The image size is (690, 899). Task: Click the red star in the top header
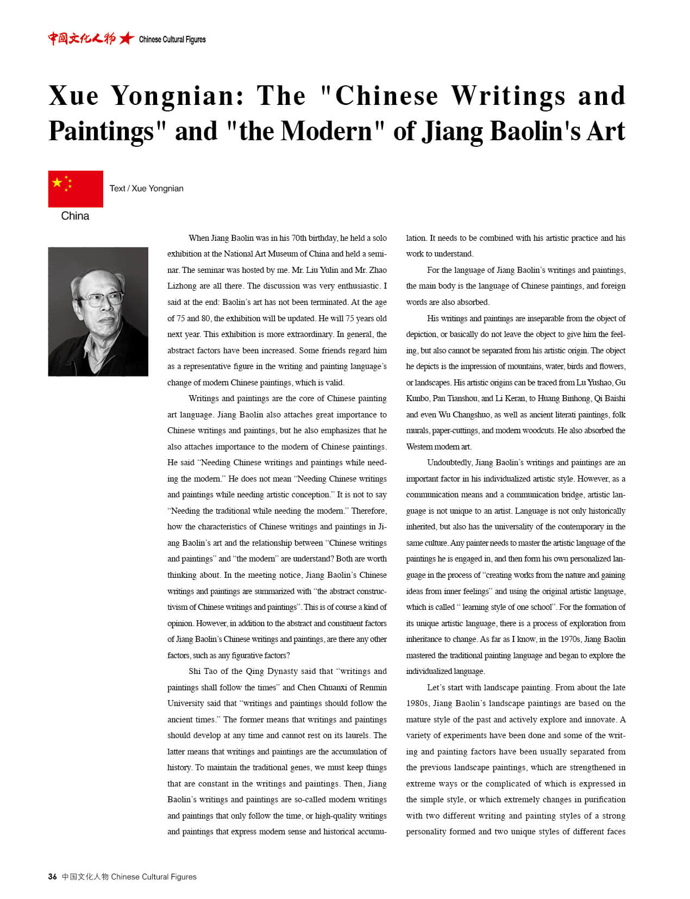127,39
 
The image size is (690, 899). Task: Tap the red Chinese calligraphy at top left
81,39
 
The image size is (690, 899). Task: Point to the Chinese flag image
76,189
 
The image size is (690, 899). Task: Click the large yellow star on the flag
57,183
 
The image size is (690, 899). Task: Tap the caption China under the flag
75,216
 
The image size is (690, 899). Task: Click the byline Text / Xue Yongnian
146,189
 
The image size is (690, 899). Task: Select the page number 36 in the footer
52,876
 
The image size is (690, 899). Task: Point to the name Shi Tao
203,671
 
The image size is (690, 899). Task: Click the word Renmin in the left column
373,688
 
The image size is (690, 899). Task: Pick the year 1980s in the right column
417,703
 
